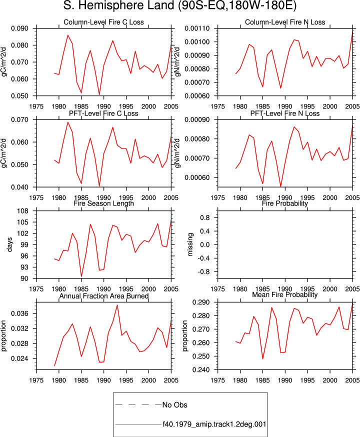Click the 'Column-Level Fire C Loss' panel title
pos(103,22)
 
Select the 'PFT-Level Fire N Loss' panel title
pos(285,113)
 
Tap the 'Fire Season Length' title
pos(103,203)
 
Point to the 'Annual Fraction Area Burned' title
pos(103,296)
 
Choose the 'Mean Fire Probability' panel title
pos(285,294)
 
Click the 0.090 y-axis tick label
pos(20,28)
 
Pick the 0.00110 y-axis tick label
pos(197,28)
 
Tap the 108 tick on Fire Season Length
pos(23,211)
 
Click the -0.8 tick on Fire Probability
pos(203,271)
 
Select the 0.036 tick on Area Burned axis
pos(20,313)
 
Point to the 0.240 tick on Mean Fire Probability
pos(201,370)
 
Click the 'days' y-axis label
pos(10,244)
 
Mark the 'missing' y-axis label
pos(190,244)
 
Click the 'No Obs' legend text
pos(174,405)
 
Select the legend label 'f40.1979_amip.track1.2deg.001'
pos(214,424)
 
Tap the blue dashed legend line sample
pos(138,404)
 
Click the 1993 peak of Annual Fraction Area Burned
pos(117,305)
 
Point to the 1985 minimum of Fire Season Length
pos(81,276)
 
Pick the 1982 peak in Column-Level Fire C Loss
pos(67,35)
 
